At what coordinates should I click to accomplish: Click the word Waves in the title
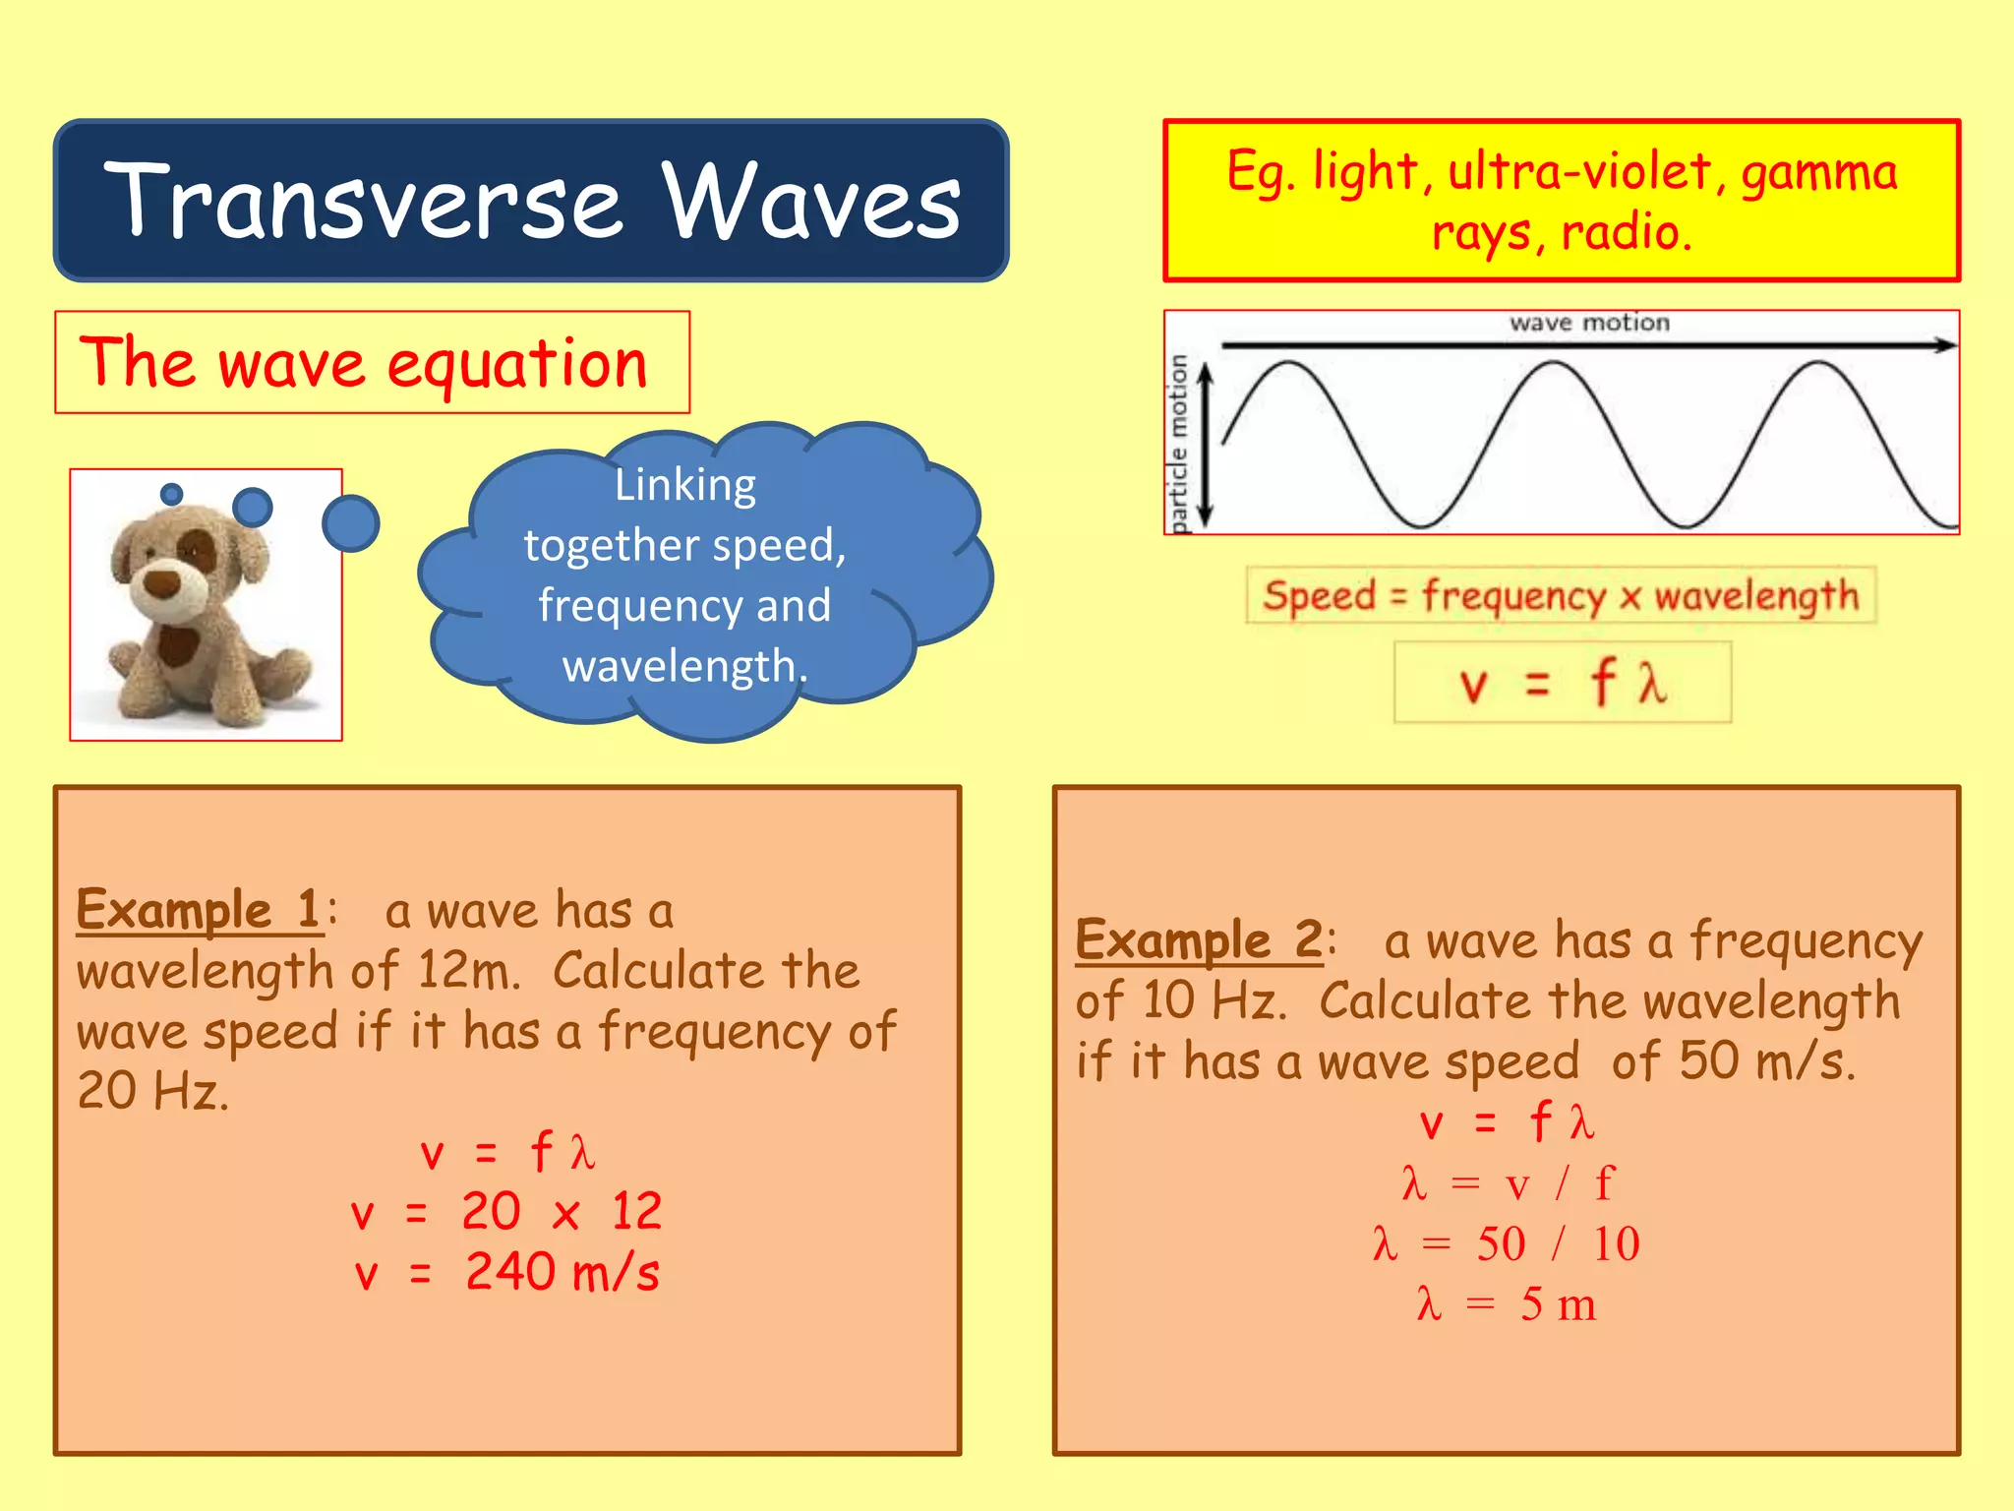click(811, 202)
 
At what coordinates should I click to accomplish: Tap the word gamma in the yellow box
click(1818, 174)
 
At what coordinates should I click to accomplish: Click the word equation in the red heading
click(517, 365)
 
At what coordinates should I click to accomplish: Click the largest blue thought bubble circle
click(350, 523)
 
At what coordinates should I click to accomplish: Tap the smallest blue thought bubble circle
click(172, 494)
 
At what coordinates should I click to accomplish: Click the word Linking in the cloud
click(685, 485)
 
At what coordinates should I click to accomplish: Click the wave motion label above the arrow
click(1589, 323)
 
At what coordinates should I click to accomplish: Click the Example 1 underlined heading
click(198, 909)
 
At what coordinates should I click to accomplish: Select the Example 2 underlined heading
click(1199, 939)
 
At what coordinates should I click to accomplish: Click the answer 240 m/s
click(562, 1272)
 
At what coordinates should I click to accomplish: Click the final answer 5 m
click(1557, 1305)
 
